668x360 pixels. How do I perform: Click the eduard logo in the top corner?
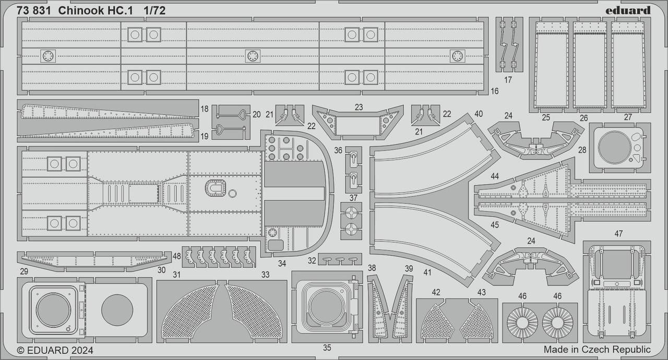point(628,10)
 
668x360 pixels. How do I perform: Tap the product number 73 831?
point(34,11)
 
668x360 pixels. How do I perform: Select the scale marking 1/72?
point(154,11)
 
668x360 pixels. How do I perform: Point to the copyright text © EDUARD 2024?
point(55,350)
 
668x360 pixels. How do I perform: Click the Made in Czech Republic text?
point(597,349)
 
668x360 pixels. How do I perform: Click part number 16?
point(494,91)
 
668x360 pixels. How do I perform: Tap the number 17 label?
point(508,80)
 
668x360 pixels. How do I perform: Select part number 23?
point(359,107)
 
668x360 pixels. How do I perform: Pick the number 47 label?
point(618,234)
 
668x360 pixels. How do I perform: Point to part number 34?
point(282,263)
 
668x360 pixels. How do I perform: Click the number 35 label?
point(327,348)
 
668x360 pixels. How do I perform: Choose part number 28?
point(582,150)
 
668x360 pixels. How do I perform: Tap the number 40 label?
point(479,114)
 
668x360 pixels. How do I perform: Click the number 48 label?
point(176,256)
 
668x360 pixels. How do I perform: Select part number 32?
point(312,261)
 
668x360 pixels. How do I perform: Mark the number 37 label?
point(353,198)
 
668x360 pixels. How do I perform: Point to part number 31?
point(176,275)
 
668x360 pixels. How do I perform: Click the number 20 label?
point(256,114)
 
